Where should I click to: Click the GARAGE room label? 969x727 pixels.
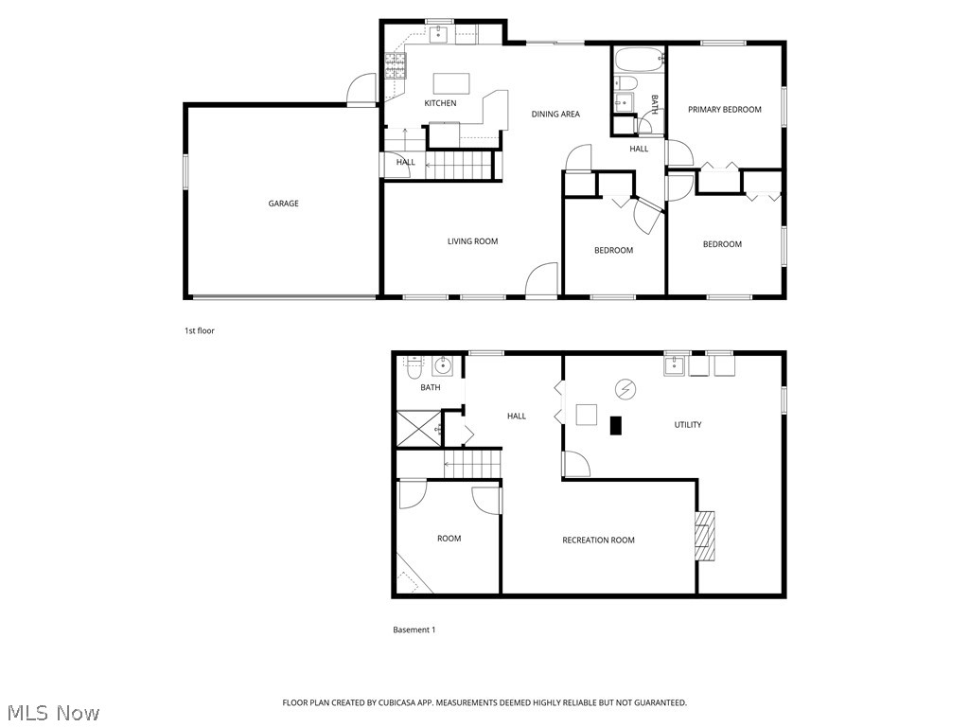coord(283,204)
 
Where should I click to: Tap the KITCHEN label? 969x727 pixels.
coord(440,103)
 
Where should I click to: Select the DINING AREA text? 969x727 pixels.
coord(555,115)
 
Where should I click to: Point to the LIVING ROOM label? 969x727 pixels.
coord(472,241)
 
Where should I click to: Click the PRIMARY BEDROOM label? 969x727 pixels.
coord(724,110)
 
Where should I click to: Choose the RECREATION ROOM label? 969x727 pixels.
coord(598,541)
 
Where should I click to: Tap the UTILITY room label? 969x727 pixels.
coord(688,425)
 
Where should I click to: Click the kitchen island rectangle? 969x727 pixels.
coord(451,82)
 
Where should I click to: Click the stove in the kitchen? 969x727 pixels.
coord(396,65)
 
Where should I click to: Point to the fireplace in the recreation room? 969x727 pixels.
coord(705,536)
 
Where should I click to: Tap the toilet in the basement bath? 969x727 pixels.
coord(414,364)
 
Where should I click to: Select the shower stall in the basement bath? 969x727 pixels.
coord(417,428)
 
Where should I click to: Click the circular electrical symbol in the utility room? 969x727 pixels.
coord(625,388)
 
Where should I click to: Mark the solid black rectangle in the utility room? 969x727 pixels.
coord(616,426)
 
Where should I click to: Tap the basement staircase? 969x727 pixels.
coord(471,465)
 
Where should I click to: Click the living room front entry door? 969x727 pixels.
coord(542,281)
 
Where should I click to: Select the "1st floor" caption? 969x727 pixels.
coord(200,331)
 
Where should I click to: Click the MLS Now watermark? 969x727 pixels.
coord(53,712)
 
